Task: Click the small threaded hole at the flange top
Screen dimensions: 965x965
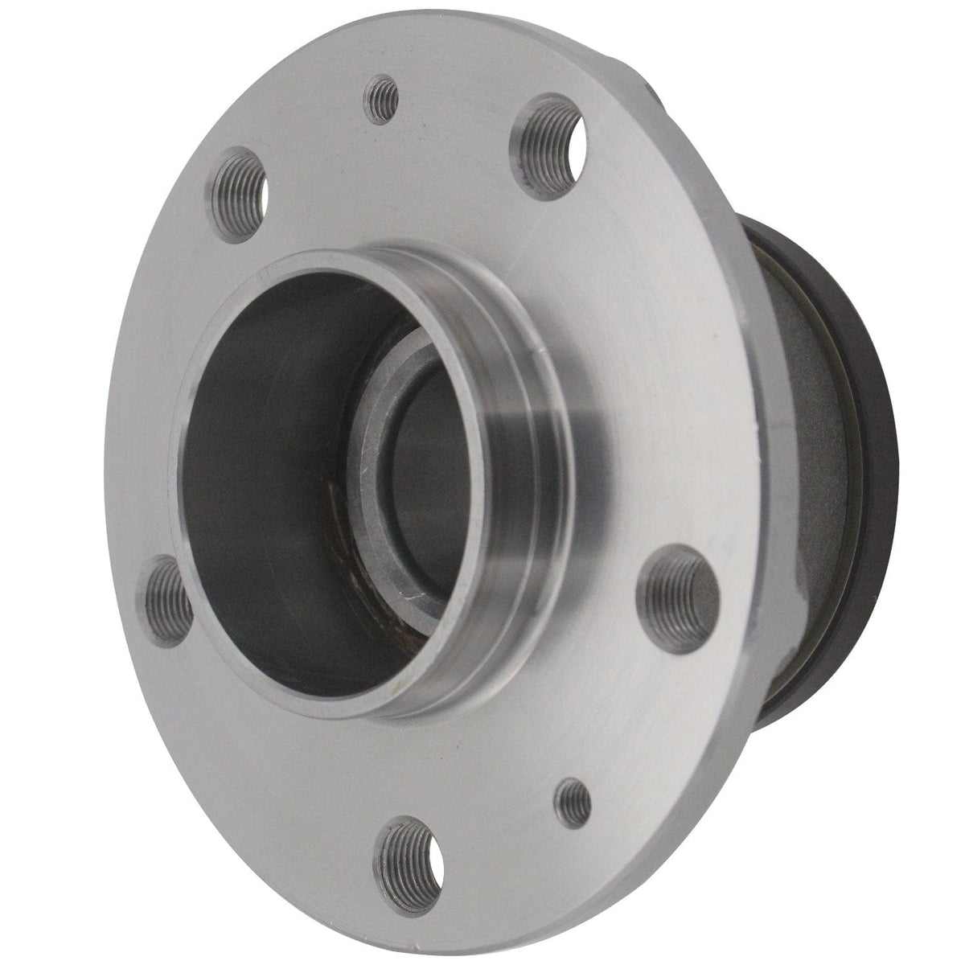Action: point(382,96)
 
